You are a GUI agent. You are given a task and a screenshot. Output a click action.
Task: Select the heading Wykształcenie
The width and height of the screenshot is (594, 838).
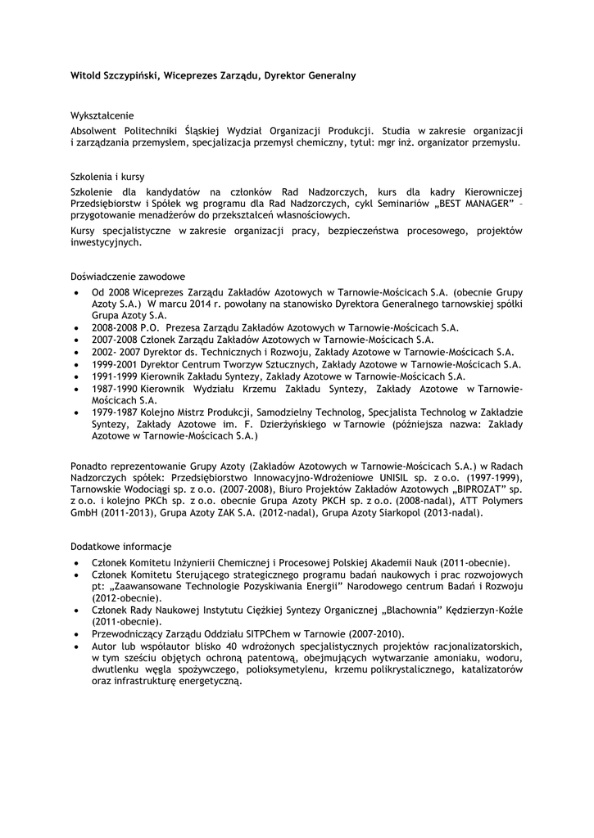pos(102,115)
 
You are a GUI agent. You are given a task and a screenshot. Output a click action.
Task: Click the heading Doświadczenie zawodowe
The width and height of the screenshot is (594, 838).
pos(127,277)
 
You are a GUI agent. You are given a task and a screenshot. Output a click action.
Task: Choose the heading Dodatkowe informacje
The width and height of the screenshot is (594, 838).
pos(120,546)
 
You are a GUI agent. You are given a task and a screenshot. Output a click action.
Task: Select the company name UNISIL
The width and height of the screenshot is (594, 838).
pos(399,477)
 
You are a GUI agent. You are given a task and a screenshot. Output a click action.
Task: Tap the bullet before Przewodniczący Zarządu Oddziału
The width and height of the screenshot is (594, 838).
pos(75,634)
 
